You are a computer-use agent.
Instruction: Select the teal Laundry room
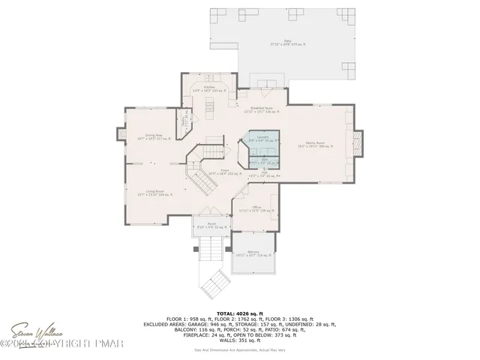263,139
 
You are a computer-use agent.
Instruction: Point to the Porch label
212,224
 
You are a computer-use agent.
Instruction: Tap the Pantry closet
185,120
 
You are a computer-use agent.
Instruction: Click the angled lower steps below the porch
212,283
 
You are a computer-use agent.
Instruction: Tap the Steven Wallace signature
33,331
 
